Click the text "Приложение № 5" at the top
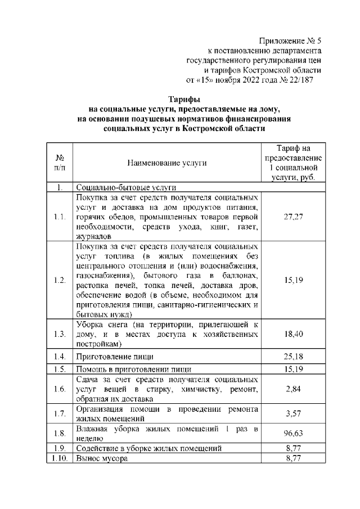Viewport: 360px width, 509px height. [x=290, y=41]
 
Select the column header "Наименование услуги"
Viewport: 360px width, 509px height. [x=166, y=163]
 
